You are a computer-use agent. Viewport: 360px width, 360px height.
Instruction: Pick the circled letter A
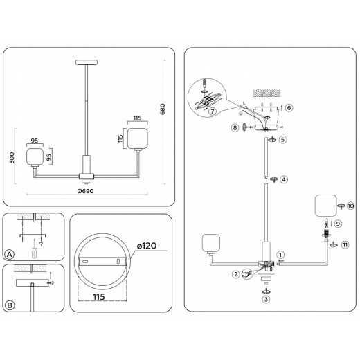(9, 255)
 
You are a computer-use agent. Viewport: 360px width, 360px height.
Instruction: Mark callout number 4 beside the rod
(285, 179)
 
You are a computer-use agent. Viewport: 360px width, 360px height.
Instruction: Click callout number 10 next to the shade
(350, 206)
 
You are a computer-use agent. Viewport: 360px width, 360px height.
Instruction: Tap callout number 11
(345, 244)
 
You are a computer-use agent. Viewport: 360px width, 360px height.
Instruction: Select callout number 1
(280, 253)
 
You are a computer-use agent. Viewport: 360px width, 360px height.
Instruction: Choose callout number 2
(236, 275)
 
